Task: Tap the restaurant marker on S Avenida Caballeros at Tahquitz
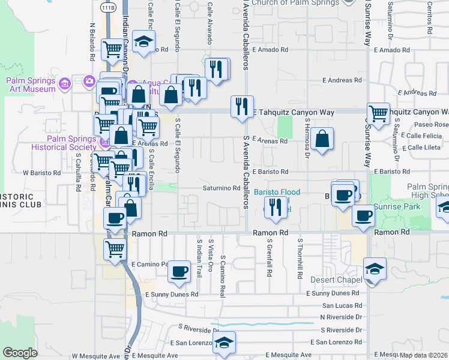243,107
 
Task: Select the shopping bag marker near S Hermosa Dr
322,139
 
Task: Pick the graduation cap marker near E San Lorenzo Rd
224,343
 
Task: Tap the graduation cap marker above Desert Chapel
375,268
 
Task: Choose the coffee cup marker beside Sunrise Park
363,216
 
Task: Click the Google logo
20,353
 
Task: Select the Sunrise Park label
393,206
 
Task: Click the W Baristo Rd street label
42,173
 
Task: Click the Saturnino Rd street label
217,188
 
